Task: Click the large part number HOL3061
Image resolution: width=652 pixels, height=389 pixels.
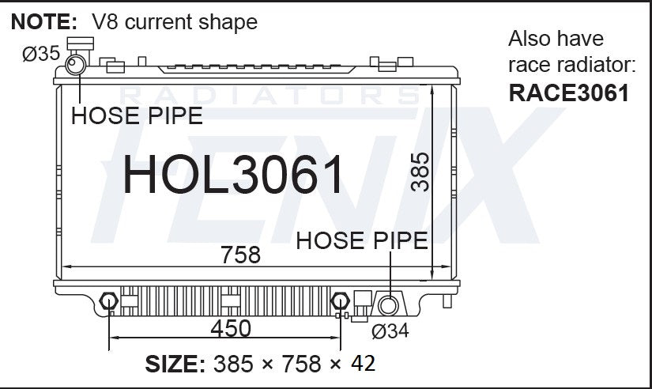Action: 235,175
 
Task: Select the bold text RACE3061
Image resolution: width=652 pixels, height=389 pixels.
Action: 569,93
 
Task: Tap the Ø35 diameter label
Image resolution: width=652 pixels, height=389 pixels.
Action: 40,54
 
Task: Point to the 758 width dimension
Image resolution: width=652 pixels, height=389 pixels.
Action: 240,255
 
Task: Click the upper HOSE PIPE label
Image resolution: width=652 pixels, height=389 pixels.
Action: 137,116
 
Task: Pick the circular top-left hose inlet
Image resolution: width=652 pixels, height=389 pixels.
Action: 77,64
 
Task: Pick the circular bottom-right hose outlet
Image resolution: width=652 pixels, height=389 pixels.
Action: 388,306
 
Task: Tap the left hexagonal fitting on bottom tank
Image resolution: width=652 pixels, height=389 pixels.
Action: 109,301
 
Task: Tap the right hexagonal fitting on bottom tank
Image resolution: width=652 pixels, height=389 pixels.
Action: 340,301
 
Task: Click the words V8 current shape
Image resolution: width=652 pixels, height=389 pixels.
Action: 175,21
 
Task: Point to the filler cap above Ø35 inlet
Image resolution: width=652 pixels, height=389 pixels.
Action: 80,44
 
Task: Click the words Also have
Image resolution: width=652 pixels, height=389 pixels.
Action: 556,39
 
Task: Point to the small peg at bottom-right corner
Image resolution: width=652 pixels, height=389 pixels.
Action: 449,301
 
